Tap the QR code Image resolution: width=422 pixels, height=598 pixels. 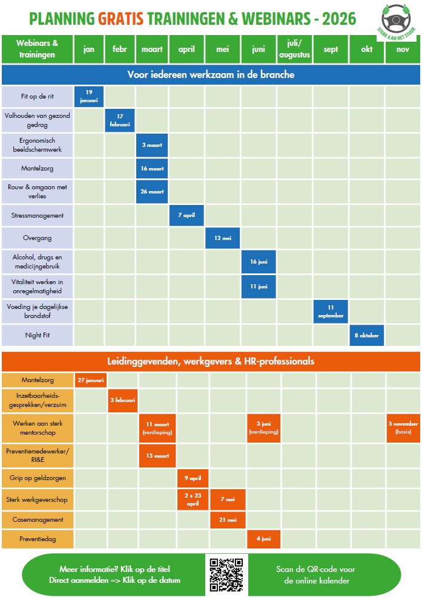coord(226,574)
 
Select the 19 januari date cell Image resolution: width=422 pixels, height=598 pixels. coord(89,96)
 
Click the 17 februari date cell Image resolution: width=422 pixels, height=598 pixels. coord(120,120)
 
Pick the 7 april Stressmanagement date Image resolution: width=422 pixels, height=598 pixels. coord(186,215)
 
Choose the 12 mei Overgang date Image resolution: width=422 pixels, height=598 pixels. coord(223,238)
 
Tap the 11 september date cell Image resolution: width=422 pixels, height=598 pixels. coord(331,311)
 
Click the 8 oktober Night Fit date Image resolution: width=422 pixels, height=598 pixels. coord(367,335)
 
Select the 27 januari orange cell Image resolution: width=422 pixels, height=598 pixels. coord(90,380)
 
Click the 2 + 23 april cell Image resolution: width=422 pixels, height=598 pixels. coord(193,499)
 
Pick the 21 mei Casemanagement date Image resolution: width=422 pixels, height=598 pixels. coord(228,519)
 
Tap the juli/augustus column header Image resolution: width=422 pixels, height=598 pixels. coord(295,49)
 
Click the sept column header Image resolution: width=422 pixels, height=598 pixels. coord(331,49)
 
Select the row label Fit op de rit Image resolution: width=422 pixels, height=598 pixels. coord(38,96)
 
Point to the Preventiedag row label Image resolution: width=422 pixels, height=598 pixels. coord(38,539)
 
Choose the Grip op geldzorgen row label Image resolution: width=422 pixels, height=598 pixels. coord(38,478)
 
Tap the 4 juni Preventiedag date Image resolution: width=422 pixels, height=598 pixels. coord(263,539)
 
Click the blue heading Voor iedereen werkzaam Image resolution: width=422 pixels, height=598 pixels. coord(211,74)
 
